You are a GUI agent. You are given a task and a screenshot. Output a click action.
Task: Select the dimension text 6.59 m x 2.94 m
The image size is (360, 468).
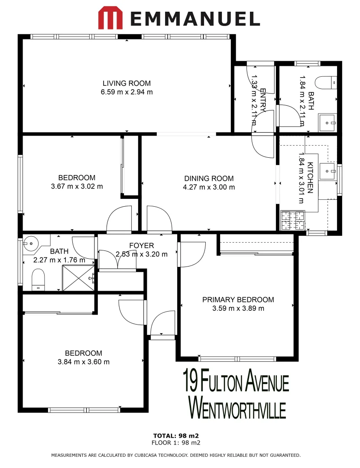click(x=127, y=92)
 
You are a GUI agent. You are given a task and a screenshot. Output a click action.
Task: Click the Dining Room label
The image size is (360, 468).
click(x=209, y=178)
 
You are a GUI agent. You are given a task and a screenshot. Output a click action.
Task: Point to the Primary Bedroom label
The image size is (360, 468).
click(x=238, y=299)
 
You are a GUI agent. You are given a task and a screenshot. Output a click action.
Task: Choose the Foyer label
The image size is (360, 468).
click(x=141, y=246)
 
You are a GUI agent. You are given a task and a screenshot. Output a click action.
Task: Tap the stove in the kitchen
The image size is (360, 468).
click(x=287, y=220)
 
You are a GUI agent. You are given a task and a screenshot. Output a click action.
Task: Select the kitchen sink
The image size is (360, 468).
click(x=328, y=170)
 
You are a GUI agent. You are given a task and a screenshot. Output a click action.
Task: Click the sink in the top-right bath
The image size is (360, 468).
click(x=327, y=123)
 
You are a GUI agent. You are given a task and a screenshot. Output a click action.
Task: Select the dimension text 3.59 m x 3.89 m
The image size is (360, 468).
click(x=238, y=309)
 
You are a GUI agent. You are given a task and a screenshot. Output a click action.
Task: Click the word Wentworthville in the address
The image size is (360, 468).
click(x=238, y=406)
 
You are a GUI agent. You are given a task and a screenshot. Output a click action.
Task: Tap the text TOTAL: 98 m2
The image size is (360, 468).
click(x=176, y=435)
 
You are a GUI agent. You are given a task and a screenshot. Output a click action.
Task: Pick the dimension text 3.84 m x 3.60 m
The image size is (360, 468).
click(x=84, y=362)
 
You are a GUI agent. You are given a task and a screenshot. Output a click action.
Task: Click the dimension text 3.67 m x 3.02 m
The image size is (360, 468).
click(x=77, y=187)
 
